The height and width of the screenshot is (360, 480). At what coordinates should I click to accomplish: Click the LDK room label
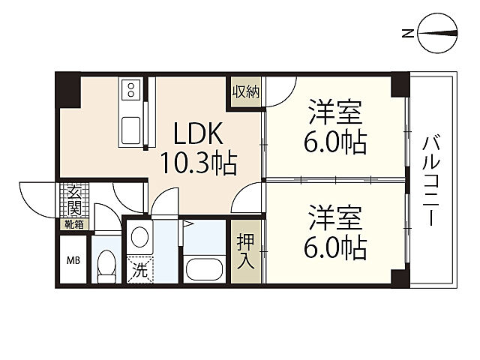coord(198,133)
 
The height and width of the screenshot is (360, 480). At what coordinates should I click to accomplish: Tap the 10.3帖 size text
coord(198,163)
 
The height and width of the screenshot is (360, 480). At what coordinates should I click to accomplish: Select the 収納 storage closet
coord(246,91)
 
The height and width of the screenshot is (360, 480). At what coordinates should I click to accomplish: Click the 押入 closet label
coord(245,251)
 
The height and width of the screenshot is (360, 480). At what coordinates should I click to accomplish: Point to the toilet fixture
coord(106,266)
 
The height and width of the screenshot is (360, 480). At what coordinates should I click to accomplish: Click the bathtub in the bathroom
coord(204,269)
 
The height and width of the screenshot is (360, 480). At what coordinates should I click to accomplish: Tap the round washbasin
coord(139,237)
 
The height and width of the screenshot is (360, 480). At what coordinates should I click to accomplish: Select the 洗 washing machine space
coord(139,269)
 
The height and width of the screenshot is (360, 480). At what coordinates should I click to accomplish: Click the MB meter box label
coord(73,261)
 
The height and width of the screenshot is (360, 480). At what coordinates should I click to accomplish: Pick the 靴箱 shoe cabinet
coord(73,225)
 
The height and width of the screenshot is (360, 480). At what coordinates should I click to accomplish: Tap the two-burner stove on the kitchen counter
coord(131,89)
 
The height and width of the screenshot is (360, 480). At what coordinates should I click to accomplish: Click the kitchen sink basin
coord(131,130)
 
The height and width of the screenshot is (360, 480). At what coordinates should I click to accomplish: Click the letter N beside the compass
coord(407,33)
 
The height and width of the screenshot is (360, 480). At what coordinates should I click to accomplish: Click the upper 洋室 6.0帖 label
coord(335,127)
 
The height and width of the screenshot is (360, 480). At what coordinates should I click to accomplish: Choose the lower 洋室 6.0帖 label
coord(335,232)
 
